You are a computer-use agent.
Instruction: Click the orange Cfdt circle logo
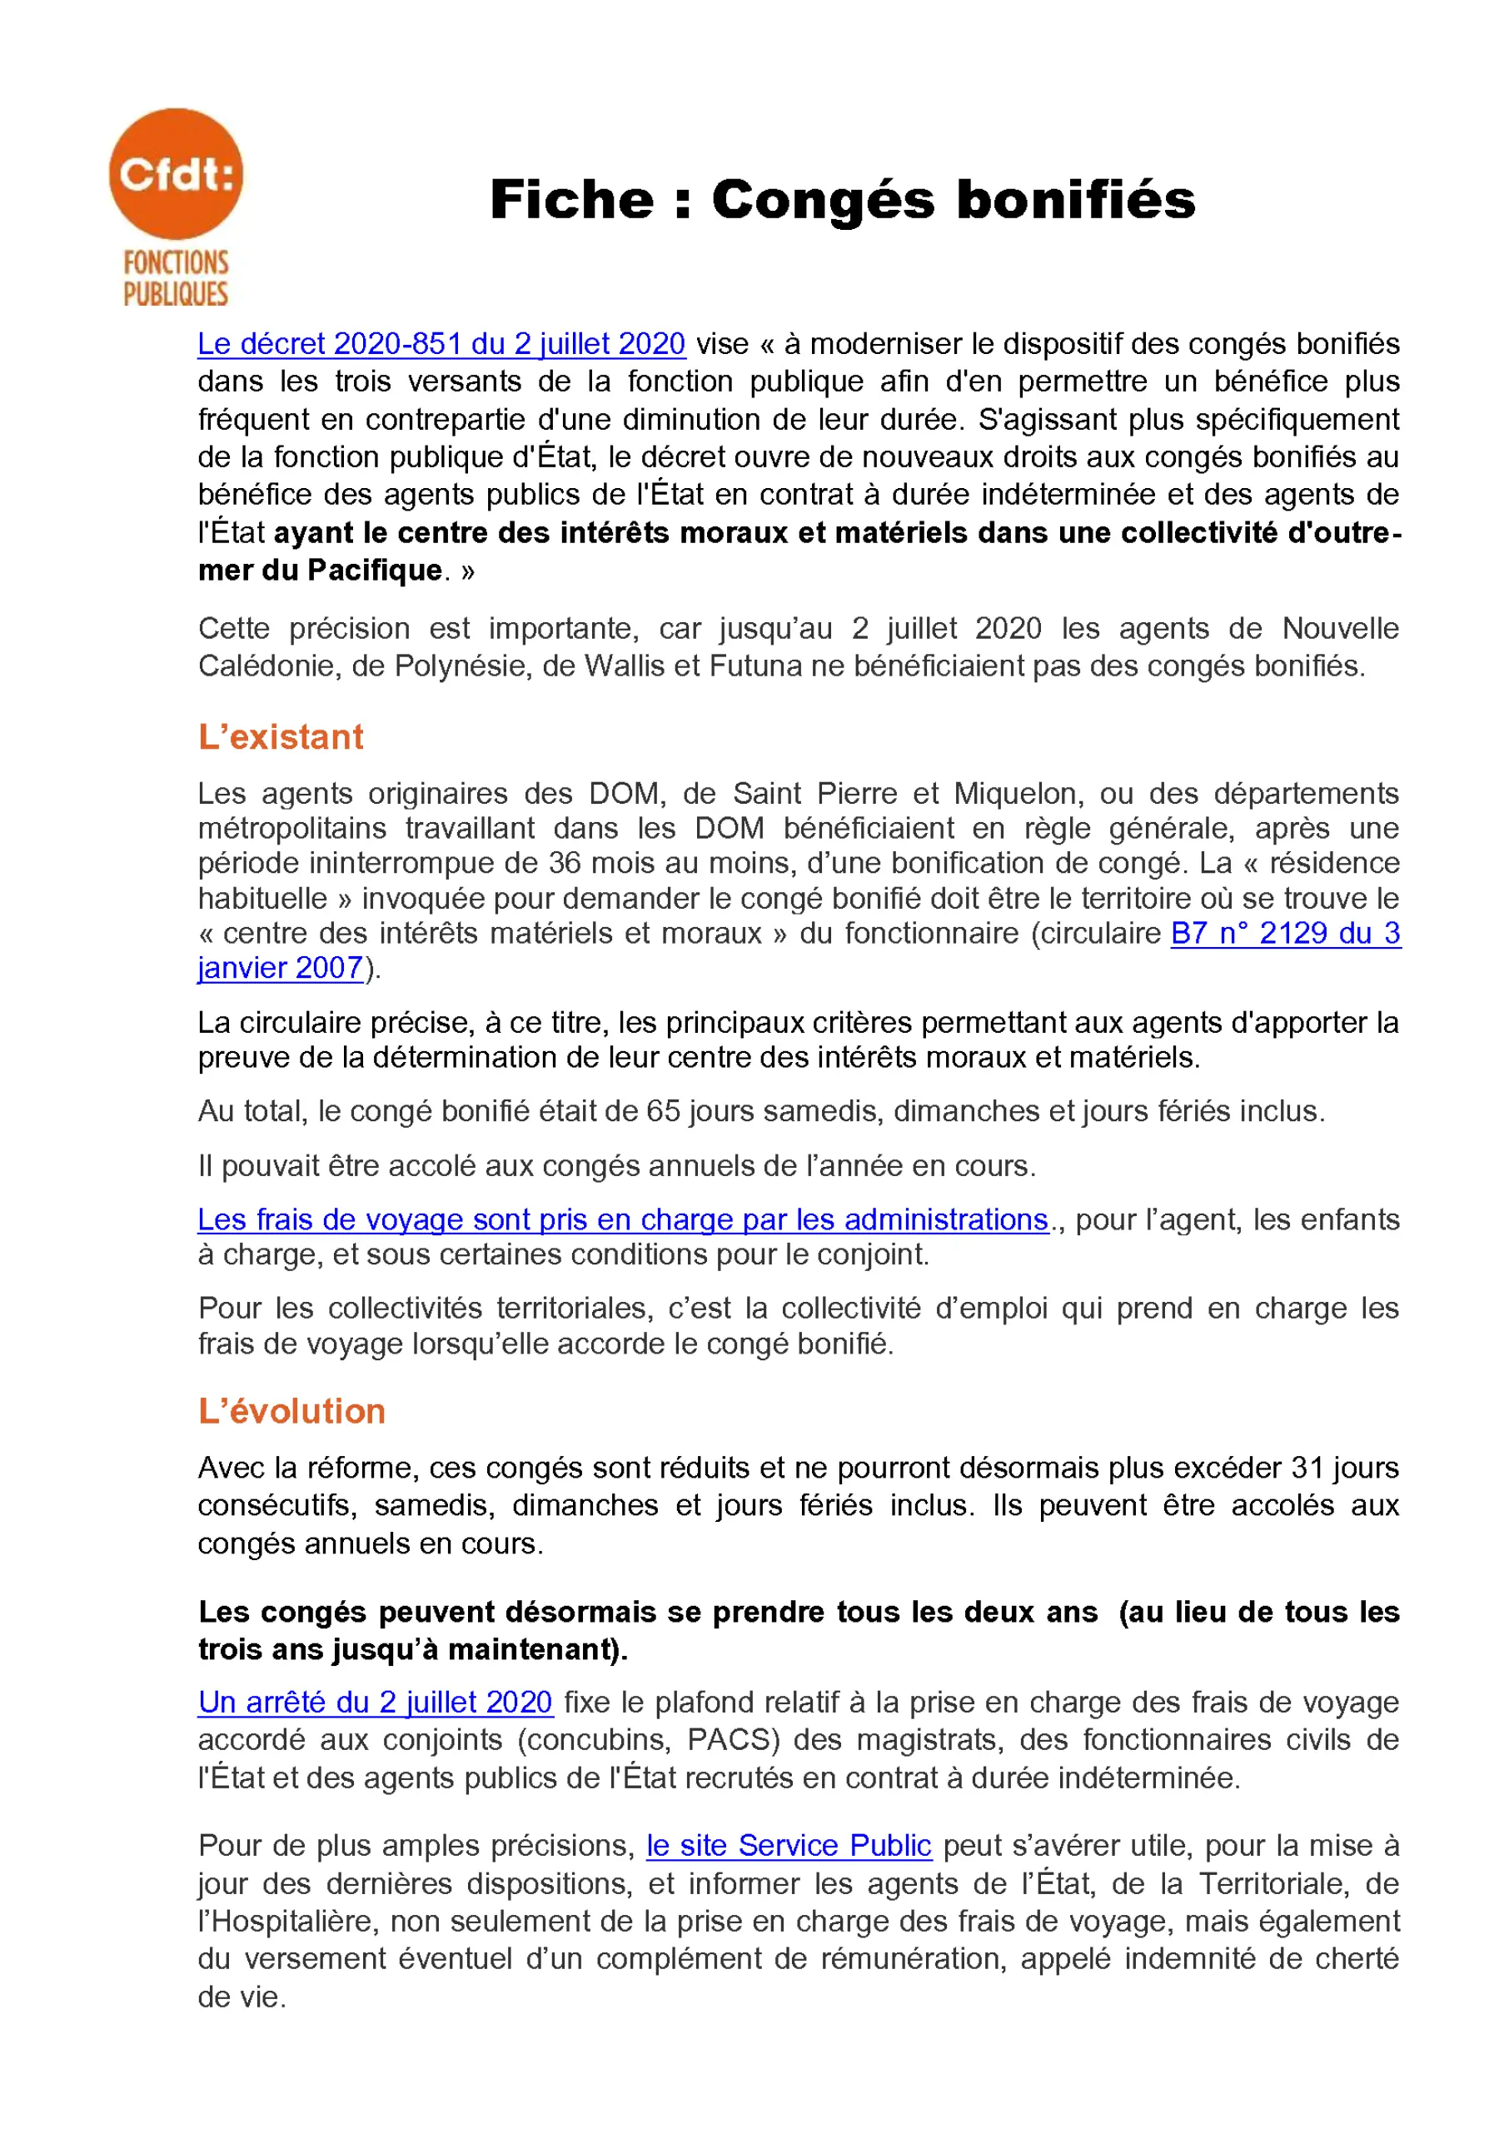(176, 174)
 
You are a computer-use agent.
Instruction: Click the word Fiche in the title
(571, 200)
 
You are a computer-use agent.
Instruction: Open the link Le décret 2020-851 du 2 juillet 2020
(441, 344)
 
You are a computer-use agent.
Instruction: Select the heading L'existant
(280, 737)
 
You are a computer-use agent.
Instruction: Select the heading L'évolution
(291, 1411)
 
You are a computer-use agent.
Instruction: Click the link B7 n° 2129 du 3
(1285, 933)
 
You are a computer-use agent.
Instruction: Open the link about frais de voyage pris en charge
(623, 1219)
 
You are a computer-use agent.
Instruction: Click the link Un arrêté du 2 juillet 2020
(376, 1702)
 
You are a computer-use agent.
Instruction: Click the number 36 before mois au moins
(565, 864)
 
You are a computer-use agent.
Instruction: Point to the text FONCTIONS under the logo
(176, 263)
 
